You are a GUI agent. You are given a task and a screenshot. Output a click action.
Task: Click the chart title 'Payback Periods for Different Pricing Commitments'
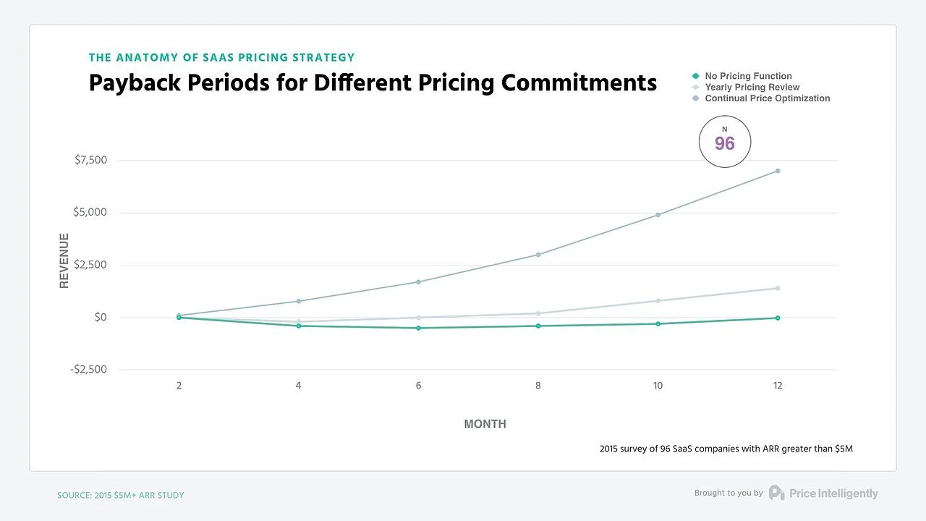[x=373, y=82]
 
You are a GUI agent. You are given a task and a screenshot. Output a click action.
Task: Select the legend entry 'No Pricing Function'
[x=748, y=76]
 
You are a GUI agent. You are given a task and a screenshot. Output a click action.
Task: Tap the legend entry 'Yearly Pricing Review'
[x=752, y=87]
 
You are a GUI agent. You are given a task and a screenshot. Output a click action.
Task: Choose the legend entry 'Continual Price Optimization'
[x=767, y=98]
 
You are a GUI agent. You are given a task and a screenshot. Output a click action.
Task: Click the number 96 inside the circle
[x=725, y=144]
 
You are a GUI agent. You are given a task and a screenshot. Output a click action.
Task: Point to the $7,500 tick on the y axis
[x=90, y=160]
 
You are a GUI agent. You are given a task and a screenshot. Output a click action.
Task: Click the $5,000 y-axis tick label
[x=90, y=213]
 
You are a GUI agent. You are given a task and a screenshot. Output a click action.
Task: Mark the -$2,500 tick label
[x=88, y=370]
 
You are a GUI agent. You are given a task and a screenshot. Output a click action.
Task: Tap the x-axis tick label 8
[x=538, y=386]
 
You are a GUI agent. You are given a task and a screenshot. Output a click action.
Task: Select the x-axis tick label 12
[x=778, y=386]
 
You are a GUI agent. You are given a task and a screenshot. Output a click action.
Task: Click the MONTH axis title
[x=485, y=424]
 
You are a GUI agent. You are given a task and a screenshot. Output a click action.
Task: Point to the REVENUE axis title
[x=64, y=260]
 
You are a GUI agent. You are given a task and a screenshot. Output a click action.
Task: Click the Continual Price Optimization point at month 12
[x=778, y=171]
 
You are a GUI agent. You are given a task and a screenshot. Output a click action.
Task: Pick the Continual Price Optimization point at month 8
[x=538, y=255]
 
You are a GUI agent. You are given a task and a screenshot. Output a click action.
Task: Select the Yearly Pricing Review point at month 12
[x=778, y=288]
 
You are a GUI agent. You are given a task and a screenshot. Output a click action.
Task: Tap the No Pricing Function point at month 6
[x=418, y=328]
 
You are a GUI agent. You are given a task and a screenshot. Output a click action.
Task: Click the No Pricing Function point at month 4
[x=299, y=326]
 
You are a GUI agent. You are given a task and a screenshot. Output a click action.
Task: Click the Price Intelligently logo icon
[x=776, y=493]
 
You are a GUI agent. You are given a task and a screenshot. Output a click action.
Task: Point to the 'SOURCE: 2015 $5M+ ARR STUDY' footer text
[x=121, y=496]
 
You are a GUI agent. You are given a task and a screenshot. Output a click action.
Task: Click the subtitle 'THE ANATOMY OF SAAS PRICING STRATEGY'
[x=221, y=57]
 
